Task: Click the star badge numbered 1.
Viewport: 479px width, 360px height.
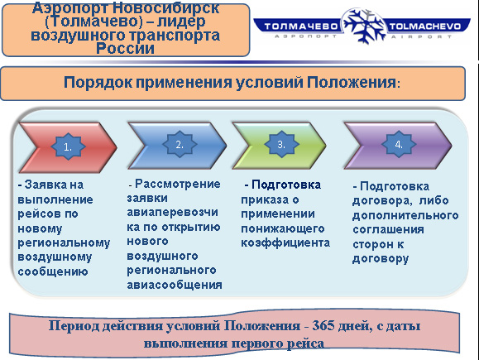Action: click(68, 146)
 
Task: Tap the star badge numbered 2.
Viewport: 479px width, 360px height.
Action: click(180, 145)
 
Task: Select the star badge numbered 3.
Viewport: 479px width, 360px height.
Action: click(281, 145)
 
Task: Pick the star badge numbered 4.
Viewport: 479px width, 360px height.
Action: click(399, 145)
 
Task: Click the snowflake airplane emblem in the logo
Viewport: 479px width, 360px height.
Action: click(363, 26)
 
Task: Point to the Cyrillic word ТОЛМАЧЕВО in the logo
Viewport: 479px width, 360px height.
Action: click(300, 26)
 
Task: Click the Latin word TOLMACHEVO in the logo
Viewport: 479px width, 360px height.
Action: click(424, 26)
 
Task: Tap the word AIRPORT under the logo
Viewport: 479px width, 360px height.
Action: click(421, 36)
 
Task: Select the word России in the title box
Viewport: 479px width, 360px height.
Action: click(125, 49)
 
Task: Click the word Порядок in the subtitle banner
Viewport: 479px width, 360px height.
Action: click(98, 83)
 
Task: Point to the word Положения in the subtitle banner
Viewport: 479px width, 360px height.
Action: click(352, 83)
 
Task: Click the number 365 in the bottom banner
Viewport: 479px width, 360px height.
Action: click(323, 326)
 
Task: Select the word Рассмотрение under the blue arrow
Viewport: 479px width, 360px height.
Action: click(178, 184)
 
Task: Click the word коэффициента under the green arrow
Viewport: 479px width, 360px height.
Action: click(285, 243)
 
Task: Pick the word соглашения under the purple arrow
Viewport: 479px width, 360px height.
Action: click(388, 229)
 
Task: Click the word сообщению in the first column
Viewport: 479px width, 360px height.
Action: click(53, 271)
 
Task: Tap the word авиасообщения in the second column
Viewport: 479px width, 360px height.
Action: click(175, 285)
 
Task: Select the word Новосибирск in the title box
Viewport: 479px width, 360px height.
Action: click(166, 8)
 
